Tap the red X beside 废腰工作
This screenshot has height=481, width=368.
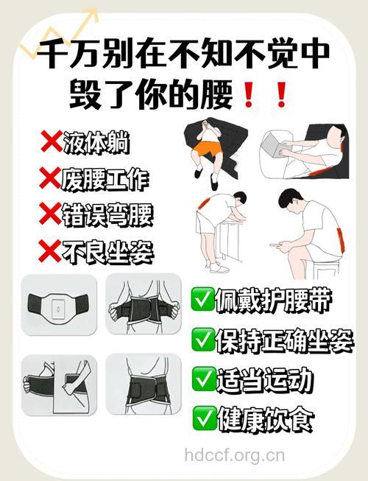pos(50,178)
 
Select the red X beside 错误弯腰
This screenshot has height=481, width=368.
pos(50,214)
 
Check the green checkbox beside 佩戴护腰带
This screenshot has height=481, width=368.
pos(202,300)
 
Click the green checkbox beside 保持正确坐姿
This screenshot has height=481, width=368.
pos(202,340)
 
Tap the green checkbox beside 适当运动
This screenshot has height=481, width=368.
pos(202,379)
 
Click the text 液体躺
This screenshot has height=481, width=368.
pos(96,143)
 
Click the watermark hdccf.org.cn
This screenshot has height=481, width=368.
pos(234,454)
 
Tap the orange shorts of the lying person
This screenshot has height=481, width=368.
pos(207,150)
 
